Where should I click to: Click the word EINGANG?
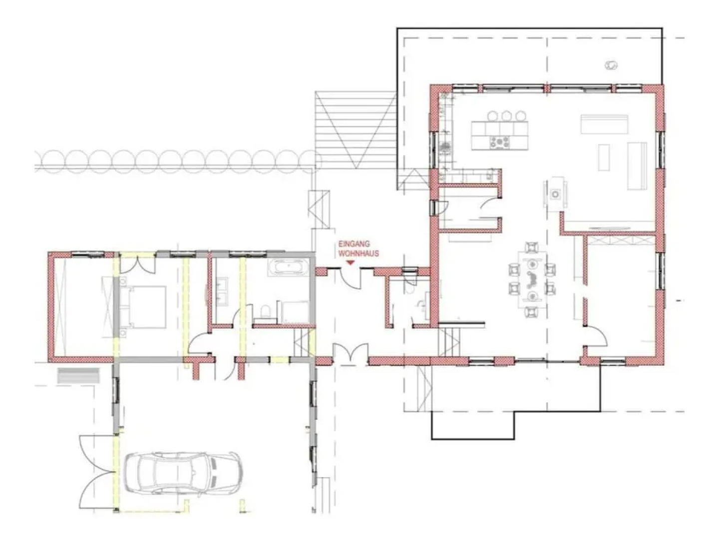click(354, 244)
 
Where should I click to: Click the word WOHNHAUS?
click(359, 254)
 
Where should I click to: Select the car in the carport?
click(183, 472)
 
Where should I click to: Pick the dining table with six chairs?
click(532, 279)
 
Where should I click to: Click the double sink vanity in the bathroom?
click(222, 291)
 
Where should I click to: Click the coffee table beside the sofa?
click(604, 157)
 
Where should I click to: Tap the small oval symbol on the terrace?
click(611, 65)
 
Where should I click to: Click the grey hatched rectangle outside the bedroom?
click(78, 375)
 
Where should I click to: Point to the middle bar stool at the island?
click(506, 116)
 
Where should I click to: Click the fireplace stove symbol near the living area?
click(555, 194)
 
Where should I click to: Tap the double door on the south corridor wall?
click(351, 352)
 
